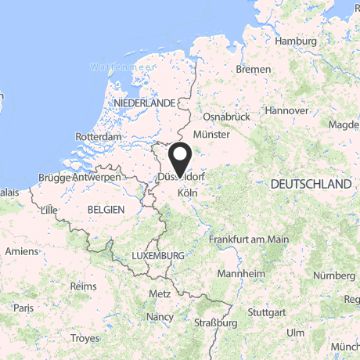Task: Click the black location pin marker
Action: pos(180,159)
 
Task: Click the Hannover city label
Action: pos(286,111)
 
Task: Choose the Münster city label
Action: pos(211,135)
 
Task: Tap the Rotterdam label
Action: pos(99,136)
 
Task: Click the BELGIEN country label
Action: pos(106,209)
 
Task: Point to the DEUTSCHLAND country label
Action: pos(310,184)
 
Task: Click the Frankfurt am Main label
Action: pos(249,239)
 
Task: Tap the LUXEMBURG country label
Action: pos(158,256)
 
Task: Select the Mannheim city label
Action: pos(239,274)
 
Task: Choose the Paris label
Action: pos(23,308)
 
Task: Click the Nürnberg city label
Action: pos(333,275)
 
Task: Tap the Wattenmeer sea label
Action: pos(120,67)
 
